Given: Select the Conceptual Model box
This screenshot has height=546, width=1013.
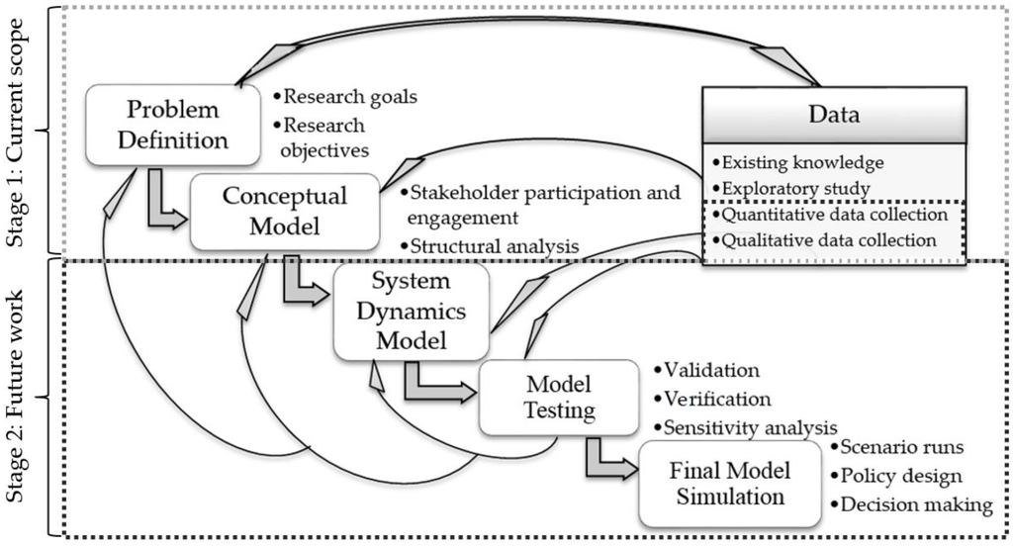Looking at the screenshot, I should [284, 212].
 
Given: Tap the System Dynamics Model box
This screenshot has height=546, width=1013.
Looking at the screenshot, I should [411, 311].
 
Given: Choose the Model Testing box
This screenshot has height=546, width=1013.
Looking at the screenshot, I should [558, 398].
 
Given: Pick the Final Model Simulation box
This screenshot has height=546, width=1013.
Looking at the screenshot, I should [730, 484].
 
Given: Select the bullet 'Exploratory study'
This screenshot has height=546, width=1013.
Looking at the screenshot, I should [795, 188].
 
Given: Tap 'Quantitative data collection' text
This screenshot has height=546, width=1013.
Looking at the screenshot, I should [834, 215].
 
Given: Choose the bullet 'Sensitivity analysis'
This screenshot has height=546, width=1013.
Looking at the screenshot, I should [744, 427].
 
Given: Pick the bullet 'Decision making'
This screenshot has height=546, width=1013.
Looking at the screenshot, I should [915, 504].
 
